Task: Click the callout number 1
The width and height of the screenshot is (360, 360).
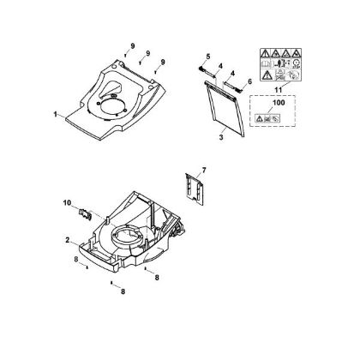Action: (55, 114)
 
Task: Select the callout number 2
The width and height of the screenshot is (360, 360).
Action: (67, 240)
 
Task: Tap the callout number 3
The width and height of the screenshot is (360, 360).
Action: (221, 137)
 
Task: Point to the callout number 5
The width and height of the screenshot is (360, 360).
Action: (207, 57)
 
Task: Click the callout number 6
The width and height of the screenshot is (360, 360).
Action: (249, 81)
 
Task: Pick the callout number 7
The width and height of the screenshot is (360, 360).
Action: (204, 171)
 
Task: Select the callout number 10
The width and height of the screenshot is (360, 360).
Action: (67, 203)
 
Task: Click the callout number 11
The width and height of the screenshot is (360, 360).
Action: (278, 90)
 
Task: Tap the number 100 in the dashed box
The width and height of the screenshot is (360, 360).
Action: (279, 102)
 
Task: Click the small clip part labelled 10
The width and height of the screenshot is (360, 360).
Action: (85, 214)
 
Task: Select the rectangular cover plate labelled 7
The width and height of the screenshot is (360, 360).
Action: (195, 189)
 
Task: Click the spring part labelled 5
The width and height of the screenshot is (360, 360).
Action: (201, 69)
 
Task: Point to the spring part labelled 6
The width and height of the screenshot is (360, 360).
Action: (238, 89)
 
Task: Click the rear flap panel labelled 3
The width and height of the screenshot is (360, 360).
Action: (225, 110)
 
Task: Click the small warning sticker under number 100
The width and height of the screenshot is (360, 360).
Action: (267, 118)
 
